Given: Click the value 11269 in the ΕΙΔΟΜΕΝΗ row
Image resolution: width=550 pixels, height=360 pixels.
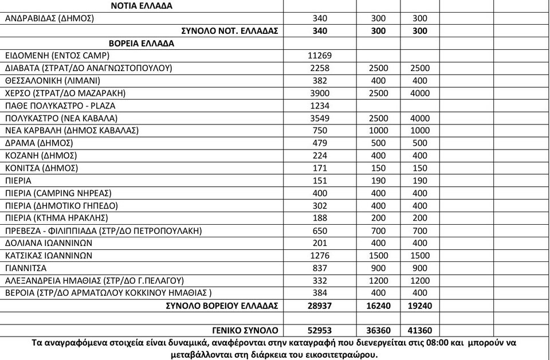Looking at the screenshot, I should coord(320,56).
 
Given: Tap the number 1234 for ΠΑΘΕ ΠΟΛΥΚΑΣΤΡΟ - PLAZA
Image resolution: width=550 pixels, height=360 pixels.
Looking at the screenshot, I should coord(320,106).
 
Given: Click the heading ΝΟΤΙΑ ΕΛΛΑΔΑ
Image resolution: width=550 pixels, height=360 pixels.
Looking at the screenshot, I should coord(141,6).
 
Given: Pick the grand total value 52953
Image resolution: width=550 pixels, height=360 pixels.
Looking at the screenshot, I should coord(320,331).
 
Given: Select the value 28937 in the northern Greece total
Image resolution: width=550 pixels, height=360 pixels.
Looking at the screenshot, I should coord(320,306).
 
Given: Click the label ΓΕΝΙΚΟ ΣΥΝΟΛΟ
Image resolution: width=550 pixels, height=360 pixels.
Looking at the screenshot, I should coord(245,331).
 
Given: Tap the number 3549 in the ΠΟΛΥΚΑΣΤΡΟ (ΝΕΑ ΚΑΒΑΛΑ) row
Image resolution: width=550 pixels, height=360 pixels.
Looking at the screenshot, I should coord(320,119).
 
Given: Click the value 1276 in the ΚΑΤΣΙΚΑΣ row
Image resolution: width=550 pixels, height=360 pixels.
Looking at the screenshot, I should coord(320,256).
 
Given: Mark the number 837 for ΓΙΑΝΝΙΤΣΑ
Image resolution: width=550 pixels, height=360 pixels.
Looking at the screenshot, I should coord(320,268).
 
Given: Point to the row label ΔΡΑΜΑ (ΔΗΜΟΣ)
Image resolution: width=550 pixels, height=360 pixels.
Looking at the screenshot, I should coord(39,143).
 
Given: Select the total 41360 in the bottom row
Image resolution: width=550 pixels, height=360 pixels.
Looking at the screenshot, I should coord(420,331).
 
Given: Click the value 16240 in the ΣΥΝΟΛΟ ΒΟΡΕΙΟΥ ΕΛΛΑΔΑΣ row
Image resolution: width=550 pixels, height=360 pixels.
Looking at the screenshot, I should coord(378,306).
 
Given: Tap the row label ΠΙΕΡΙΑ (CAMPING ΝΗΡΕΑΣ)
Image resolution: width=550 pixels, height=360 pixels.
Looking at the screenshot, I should coord(58,193).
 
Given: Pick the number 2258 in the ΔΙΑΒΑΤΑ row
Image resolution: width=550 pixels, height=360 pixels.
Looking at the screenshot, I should coord(320,68).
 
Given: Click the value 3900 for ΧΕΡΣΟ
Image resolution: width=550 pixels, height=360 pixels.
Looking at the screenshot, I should coord(320,93).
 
